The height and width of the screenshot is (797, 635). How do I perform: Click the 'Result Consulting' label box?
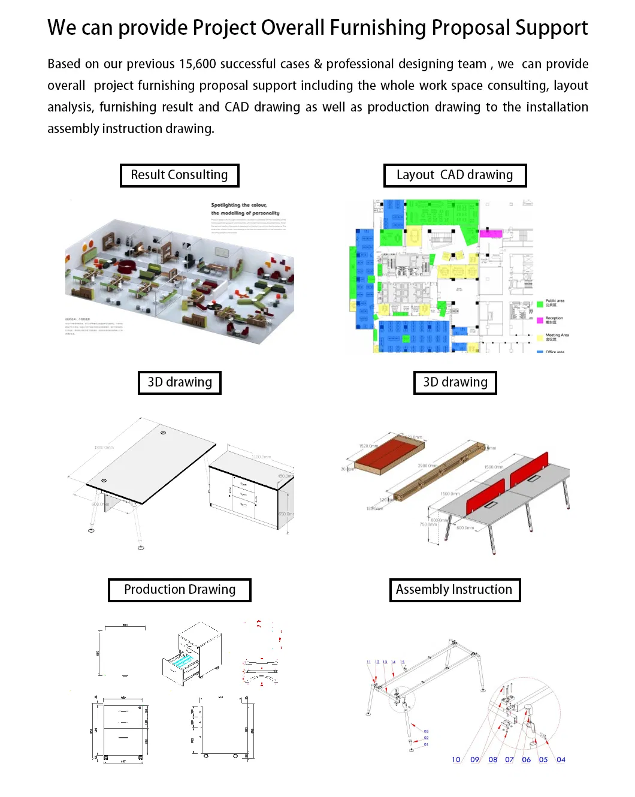click(x=179, y=175)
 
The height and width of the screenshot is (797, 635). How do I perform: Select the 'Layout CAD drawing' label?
click(x=455, y=175)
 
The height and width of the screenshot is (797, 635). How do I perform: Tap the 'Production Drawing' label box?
click(x=179, y=590)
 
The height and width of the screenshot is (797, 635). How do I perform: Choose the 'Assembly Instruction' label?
click(x=454, y=590)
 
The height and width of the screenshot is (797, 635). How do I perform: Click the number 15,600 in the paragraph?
click(x=198, y=64)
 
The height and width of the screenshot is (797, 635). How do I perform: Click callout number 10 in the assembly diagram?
click(x=456, y=760)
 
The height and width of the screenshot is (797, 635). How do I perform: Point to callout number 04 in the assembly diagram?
click(x=561, y=760)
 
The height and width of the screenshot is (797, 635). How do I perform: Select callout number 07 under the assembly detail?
click(x=509, y=760)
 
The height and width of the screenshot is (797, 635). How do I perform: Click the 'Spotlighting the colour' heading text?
click(x=239, y=205)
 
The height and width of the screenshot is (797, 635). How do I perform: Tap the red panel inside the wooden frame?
click(x=389, y=452)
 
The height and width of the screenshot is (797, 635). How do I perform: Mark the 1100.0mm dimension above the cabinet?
click(x=261, y=457)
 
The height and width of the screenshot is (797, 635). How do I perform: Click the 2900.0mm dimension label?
click(x=427, y=466)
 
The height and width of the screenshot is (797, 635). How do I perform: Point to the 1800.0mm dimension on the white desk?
click(x=104, y=448)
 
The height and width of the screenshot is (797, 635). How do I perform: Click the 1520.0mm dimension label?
click(x=368, y=446)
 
